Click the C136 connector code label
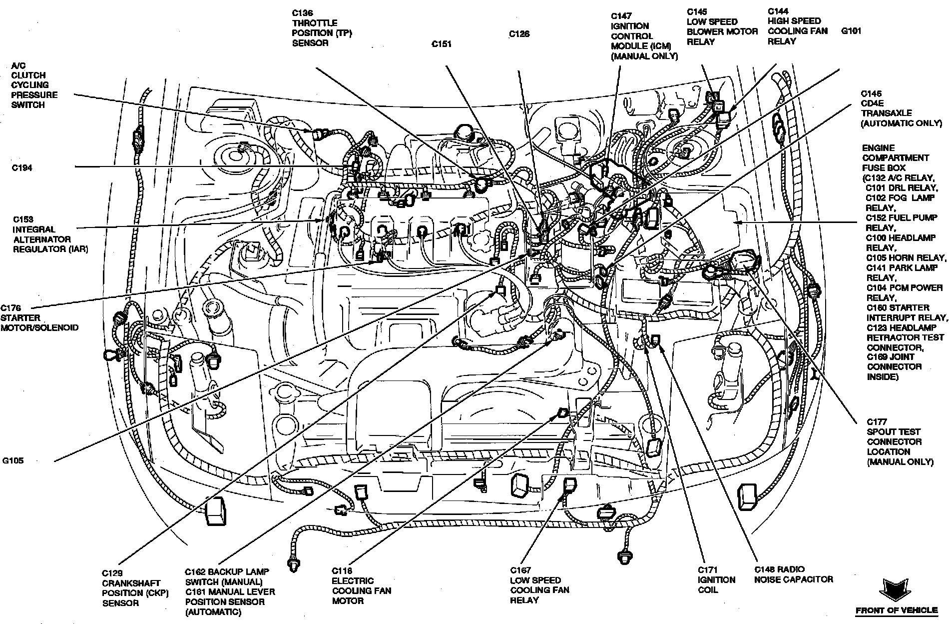[303, 13]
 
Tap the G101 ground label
[851, 31]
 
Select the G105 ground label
[12, 460]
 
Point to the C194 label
[22, 168]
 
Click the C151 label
[442, 44]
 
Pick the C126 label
[519, 34]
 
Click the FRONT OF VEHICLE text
[897, 610]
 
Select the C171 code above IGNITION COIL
[708, 569]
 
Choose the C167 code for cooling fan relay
[520, 570]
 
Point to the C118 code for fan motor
[342, 570]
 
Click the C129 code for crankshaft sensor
[112, 573]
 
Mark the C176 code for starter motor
[11, 308]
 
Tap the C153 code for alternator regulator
[23, 219]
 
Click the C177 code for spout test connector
[877, 422]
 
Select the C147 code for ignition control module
[622, 16]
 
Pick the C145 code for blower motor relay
[697, 11]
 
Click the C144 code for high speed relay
[778, 11]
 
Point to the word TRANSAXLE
[886, 113]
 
